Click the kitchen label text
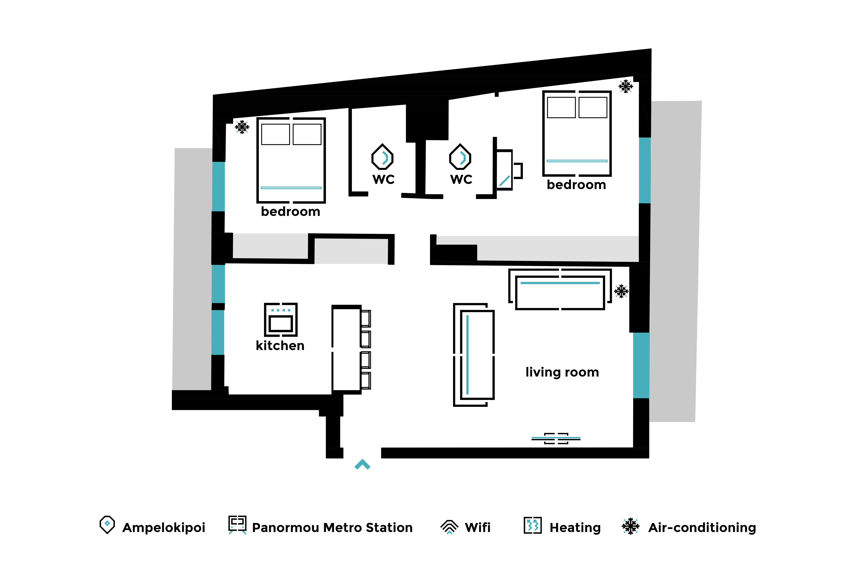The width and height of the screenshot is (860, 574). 280,346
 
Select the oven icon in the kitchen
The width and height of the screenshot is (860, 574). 281,320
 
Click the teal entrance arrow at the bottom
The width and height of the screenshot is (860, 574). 362,464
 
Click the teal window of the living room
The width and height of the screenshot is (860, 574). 641,365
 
